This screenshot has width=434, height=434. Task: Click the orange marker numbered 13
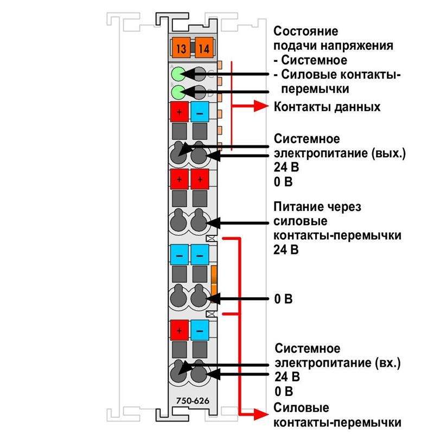click(x=181, y=48)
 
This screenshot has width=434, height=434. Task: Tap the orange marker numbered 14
click(x=204, y=48)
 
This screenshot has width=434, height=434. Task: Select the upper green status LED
click(x=178, y=74)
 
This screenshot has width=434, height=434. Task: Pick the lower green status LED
click(x=178, y=92)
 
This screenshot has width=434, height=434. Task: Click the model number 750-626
click(x=193, y=400)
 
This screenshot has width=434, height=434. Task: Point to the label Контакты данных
click(x=327, y=107)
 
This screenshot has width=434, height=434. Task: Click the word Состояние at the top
click(x=305, y=31)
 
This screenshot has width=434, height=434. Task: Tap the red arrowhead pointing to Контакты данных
click(x=261, y=106)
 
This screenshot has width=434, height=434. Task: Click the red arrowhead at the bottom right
click(x=261, y=414)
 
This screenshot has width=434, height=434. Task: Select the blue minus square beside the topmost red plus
click(x=200, y=112)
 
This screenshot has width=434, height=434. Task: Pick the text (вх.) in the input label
click(x=388, y=362)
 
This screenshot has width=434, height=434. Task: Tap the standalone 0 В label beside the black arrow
click(x=283, y=299)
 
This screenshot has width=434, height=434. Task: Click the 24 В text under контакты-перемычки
click(x=286, y=250)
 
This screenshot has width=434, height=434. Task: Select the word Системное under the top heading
click(x=314, y=60)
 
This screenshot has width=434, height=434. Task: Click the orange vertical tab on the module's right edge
click(x=214, y=284)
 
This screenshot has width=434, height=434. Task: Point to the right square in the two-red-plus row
click(x=200, y=180)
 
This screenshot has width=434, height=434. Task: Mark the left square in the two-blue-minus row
click(x=180, y=254)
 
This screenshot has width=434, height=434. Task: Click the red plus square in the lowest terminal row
click(x=180, y=330)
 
